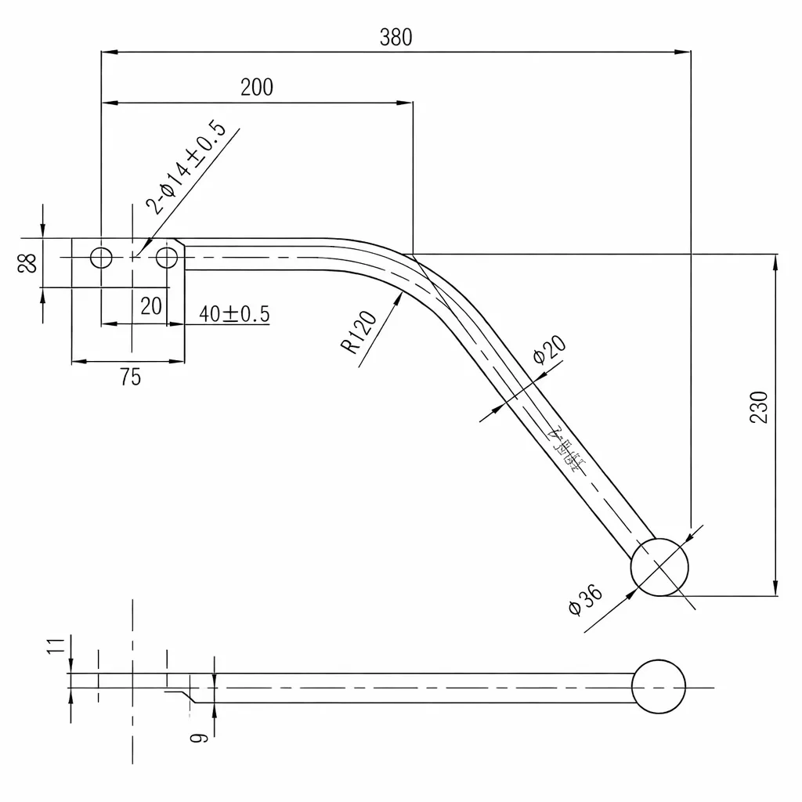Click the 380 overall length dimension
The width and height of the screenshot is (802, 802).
396,37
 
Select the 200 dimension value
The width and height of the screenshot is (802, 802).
257,87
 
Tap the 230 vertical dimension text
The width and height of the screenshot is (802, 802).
758,406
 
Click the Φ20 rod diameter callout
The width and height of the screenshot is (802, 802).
548,349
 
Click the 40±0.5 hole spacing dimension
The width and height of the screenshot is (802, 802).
234,314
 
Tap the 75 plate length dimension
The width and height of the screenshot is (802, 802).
131,377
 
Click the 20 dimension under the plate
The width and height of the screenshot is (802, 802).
150,305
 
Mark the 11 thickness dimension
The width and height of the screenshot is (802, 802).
55,646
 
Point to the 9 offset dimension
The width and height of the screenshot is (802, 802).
199,735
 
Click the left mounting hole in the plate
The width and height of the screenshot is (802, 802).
101,257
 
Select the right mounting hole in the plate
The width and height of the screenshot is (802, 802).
166,257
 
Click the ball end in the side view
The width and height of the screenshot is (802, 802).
659,687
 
